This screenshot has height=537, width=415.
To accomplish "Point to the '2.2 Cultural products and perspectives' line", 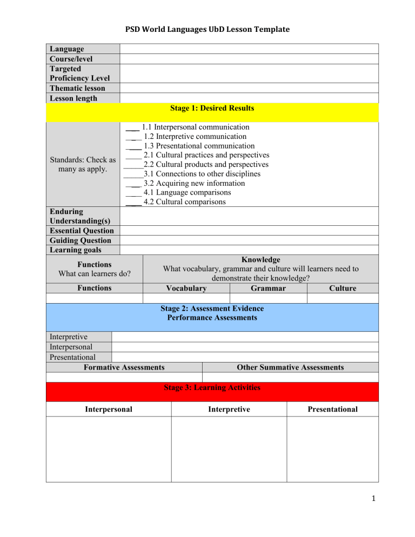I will [x=206, y=164].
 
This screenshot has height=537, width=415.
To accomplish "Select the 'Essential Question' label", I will [x=80, y=231].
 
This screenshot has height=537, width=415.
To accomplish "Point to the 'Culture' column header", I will [x=342, y=288].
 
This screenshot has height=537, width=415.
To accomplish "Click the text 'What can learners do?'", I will [x=95, y=274].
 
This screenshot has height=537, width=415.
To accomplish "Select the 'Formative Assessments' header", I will [x=124, y=367].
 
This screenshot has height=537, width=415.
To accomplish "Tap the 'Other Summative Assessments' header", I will [x=290, y=367].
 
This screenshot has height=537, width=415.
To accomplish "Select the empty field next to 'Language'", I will [x=249, y=49].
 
